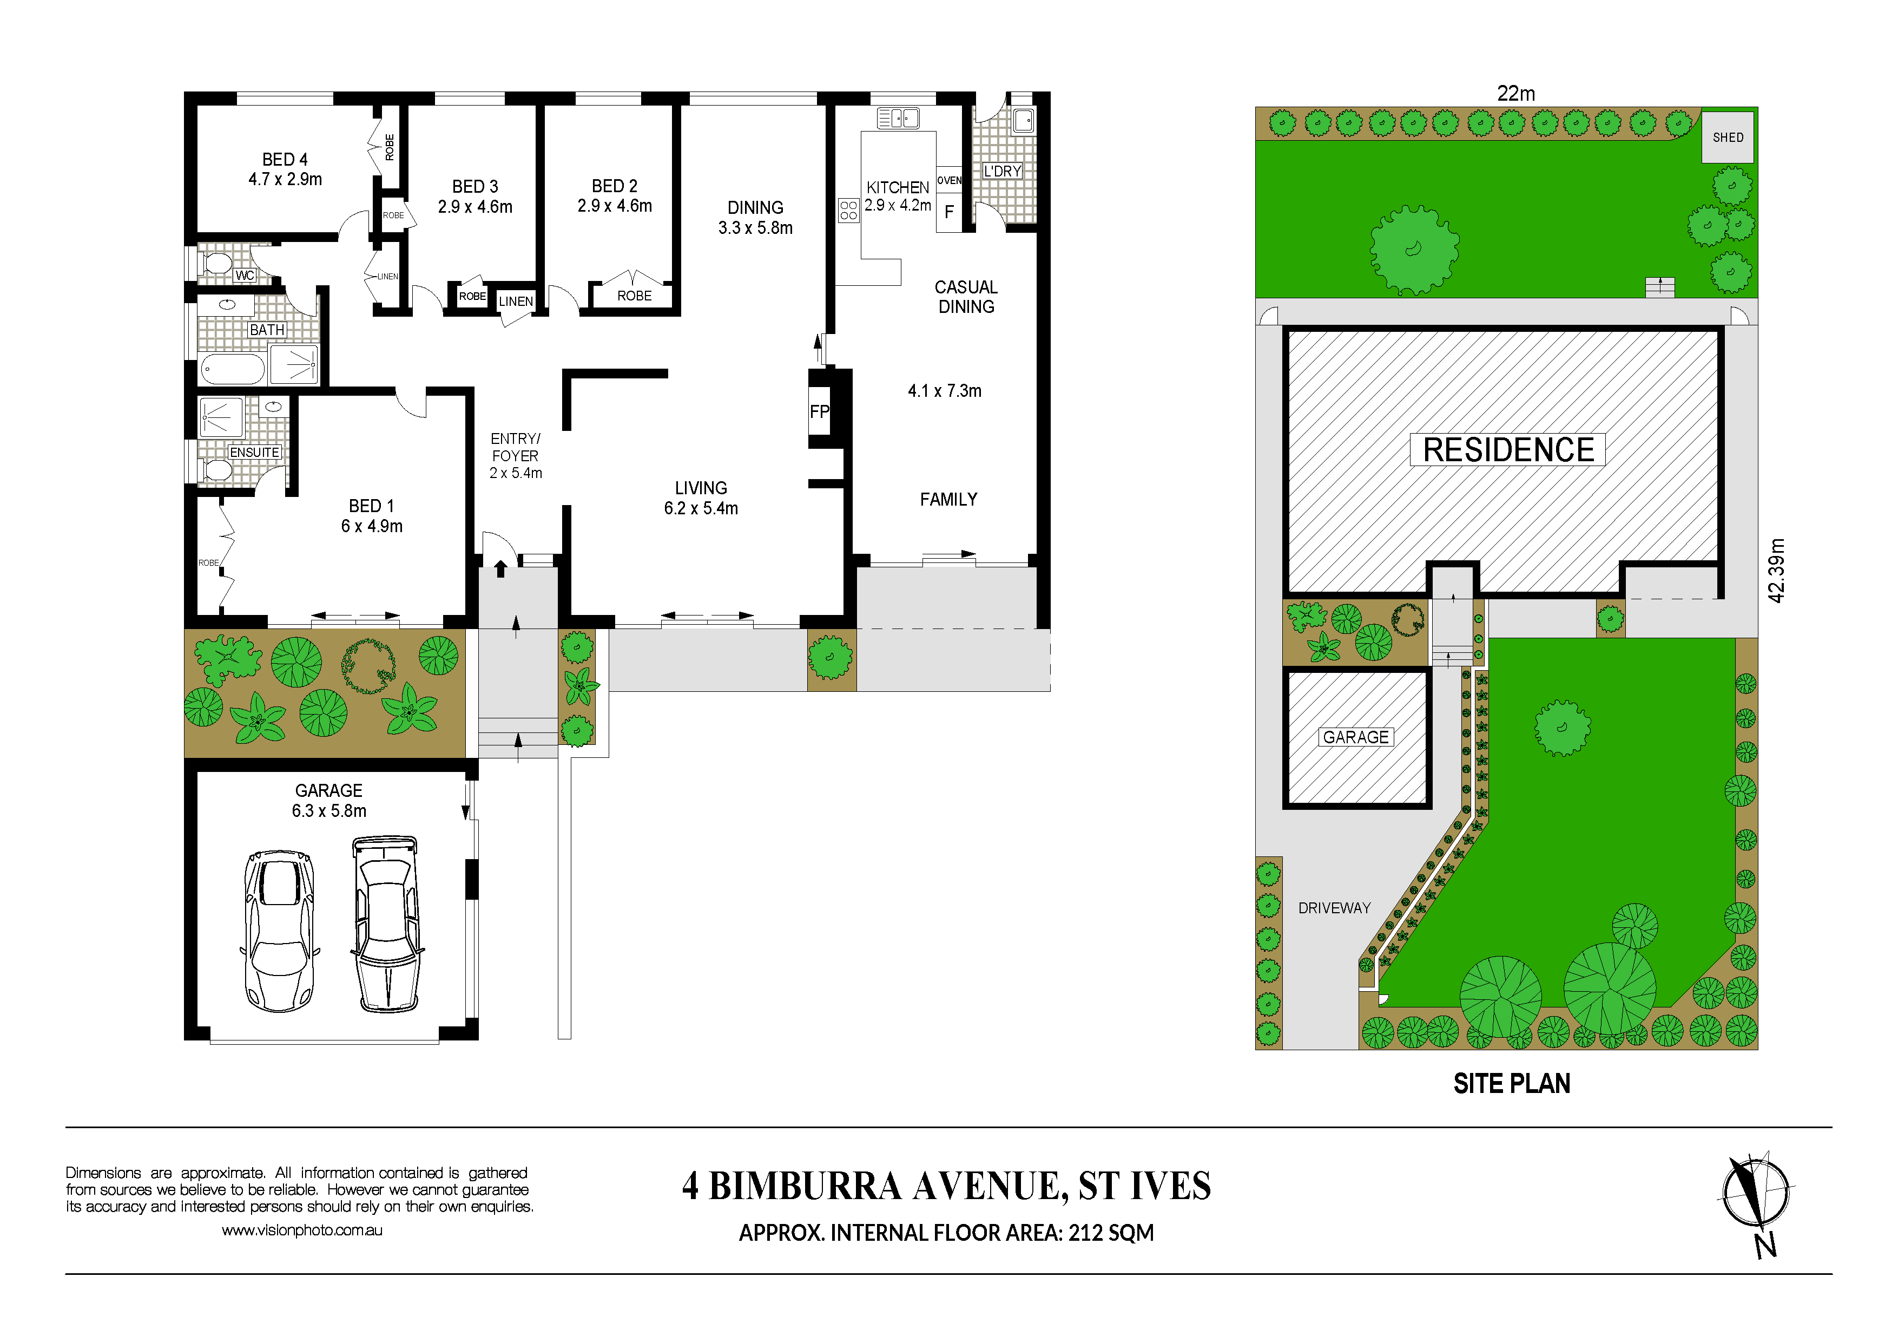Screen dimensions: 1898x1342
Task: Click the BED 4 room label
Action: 285,160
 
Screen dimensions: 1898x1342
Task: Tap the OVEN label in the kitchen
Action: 949,180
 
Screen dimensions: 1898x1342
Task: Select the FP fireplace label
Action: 819,412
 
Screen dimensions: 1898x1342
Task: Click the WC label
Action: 245,276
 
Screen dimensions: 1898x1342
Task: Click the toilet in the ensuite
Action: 216,470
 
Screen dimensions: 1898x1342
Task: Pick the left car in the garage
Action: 279,931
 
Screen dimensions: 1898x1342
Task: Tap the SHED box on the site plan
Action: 1728,138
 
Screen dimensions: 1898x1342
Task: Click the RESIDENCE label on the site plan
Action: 1508,450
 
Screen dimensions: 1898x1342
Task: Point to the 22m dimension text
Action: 1516,94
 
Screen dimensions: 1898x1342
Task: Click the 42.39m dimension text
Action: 1776,571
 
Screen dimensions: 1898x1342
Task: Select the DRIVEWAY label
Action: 1334,908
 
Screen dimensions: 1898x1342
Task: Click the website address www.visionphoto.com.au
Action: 302,1230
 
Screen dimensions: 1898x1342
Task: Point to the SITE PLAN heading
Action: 1512,1084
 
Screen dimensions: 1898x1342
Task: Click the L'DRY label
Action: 1003,171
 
